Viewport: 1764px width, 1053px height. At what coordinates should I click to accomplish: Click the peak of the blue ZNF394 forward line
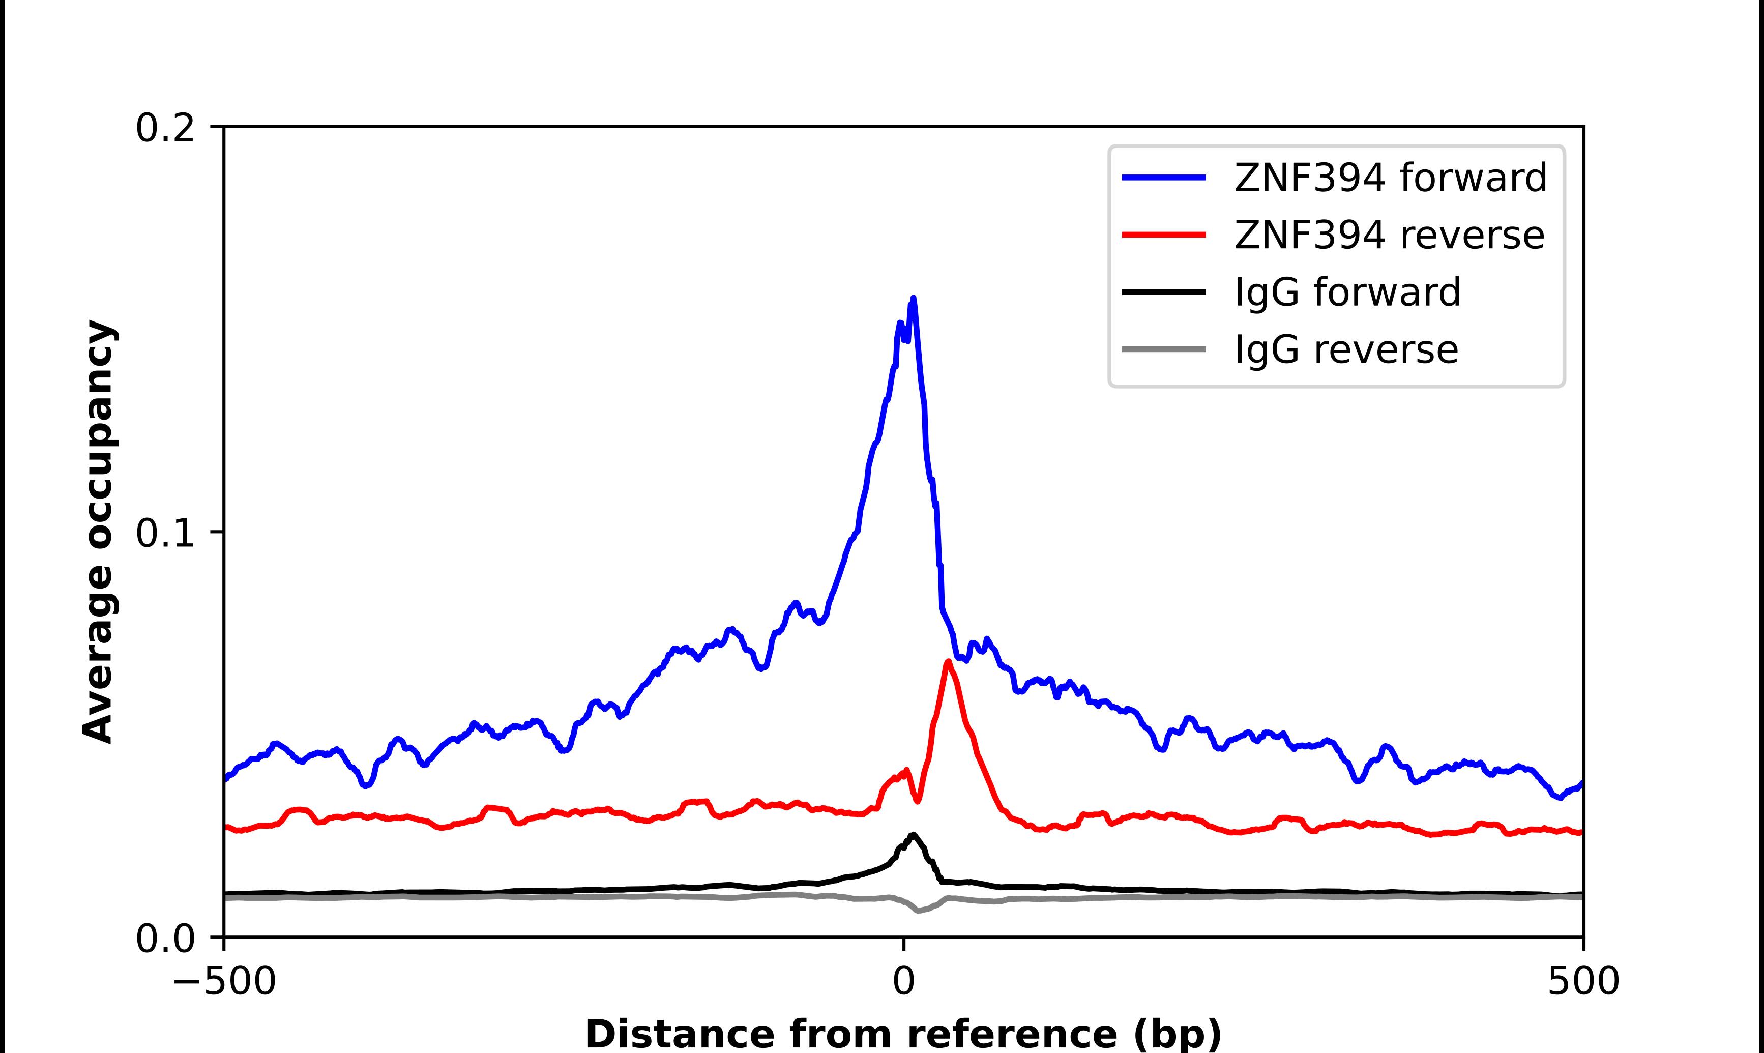pos(913,299)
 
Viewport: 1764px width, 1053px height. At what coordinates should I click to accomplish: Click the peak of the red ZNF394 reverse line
pos(948,662)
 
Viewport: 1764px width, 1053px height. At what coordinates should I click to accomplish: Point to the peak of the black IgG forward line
pos(913,834)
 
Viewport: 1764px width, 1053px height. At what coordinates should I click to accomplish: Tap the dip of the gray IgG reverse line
pos(919,911)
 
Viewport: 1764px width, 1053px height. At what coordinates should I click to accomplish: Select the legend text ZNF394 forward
pos(1390,178)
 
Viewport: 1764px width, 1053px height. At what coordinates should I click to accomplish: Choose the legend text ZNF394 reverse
pos(1389,235)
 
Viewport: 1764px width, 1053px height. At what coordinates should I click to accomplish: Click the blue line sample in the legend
pos(1164,178)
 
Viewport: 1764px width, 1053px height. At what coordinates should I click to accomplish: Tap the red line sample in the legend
pos(1164,234)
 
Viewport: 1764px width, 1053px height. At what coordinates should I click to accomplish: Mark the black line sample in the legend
pos(1164,291)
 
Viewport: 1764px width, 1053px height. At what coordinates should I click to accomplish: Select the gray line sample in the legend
pos(1164,349)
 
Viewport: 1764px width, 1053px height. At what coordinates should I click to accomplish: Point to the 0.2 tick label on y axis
pos(165,128)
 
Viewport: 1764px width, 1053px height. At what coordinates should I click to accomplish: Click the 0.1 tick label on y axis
pos(165,534)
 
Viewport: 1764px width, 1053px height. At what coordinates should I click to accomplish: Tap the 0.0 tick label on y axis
pos(165,939)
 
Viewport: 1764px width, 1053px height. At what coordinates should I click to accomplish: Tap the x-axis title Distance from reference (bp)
pos(904,1033)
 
